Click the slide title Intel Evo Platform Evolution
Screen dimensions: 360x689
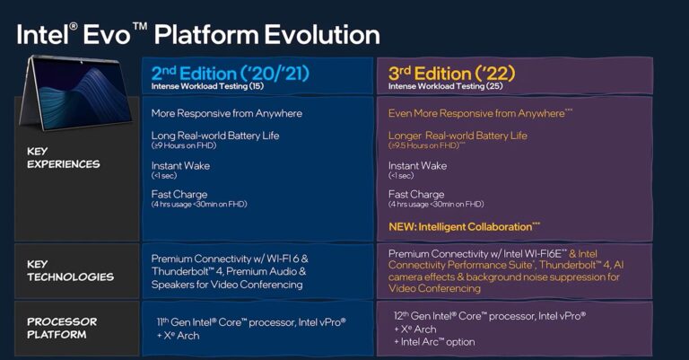pyautogui.click(x=198, y=34)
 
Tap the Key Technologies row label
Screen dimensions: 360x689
pyautogui.click(x=64, y=270)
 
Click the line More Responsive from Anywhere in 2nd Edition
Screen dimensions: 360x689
pyautogui.click(x=226, y=113)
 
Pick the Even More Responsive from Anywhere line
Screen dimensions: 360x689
pyautogui.click(x=476, y=113)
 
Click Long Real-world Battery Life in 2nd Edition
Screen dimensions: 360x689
pyautogui.click(x=215, y=136)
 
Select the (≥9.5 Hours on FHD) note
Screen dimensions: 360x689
pyautogui.click(x=426, y=145)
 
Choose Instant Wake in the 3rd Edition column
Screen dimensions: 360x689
pyautogui.click(x=417, y=165)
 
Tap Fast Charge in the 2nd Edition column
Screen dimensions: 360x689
pyautogui.click(x=179, y=194)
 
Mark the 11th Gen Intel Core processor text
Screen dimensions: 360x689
pyautogui.click(x=249, y=320)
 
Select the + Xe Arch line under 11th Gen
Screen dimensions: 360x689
pyautogui.click(x=176, y=335)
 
